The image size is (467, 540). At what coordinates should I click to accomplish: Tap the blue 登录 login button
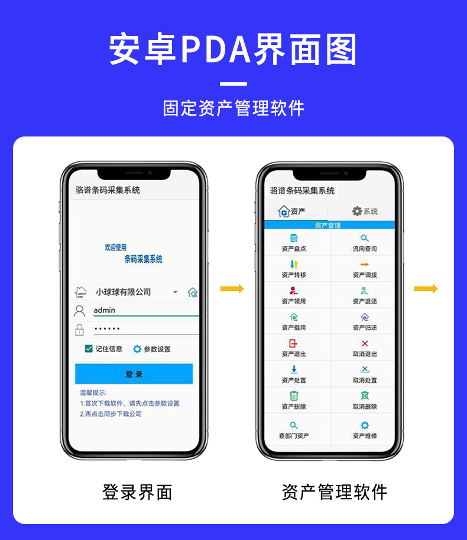click(134, 374)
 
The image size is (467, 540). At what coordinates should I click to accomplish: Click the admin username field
click(145, 310)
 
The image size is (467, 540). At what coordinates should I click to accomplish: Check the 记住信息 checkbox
click(89, 349)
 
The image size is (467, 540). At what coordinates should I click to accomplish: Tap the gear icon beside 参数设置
click(137, 349)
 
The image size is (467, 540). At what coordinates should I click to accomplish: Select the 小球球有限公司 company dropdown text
click(124, 292)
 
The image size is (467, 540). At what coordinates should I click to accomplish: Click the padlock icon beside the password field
click(80, 330)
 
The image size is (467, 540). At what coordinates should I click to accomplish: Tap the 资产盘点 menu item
click(294, 243)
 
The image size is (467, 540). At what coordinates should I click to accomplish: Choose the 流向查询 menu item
click(364, 243)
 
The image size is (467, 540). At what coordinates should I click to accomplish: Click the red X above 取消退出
click(364, 343)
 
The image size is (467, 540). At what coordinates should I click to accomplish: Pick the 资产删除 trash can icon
click(294, 396)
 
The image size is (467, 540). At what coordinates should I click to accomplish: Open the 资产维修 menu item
click(364, 430)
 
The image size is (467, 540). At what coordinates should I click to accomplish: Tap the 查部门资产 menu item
click(294, 430)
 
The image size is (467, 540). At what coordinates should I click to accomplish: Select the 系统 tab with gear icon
click(364, 211)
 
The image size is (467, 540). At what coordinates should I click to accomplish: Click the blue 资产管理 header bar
click(328, 225)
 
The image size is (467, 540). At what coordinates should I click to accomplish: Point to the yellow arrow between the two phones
click(232, 289)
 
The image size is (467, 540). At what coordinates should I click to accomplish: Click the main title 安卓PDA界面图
click(234, 50)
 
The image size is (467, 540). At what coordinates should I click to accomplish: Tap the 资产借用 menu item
click(294, 321)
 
